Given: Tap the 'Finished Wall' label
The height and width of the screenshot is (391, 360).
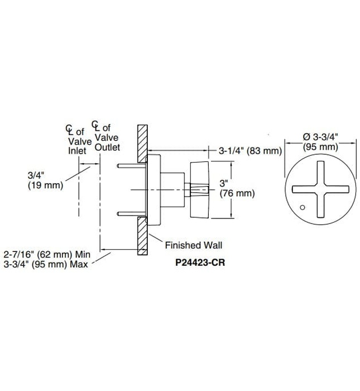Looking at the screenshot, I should click(193, 245).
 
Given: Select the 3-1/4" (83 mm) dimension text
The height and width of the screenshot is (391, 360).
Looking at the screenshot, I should click(249, 151).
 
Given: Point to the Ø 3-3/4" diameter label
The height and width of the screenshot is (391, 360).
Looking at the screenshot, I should click(320, 137).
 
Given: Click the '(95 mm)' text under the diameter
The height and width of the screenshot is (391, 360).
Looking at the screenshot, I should click(320, 147).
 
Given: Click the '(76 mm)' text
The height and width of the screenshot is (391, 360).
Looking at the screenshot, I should click(237, 194).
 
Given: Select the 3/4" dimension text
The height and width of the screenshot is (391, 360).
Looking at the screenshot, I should click(36, 175).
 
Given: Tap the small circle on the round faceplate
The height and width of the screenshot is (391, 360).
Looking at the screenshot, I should click(302, 208).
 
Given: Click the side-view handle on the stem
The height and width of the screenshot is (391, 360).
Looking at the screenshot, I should click(200, 190).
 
